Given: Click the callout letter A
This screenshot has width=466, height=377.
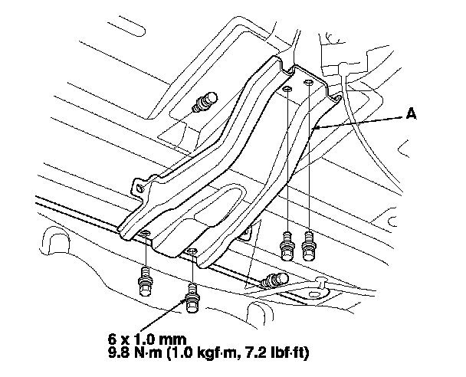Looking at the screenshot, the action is coord(411,113).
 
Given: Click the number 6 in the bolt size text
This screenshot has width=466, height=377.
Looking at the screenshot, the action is coord(111,339).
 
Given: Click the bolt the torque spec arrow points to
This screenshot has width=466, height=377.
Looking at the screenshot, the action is coord(192,298).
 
